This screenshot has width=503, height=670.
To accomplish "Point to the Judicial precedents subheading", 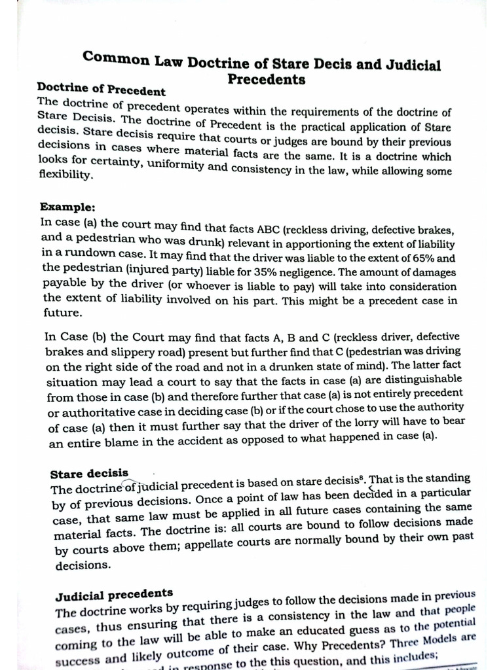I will [114, 595].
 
